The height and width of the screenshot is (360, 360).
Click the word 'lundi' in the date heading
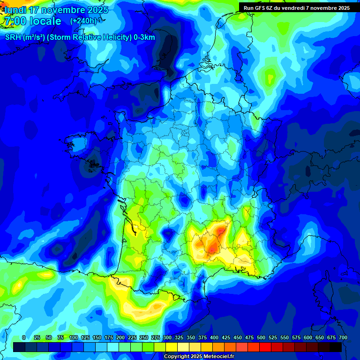[x=15, y=10]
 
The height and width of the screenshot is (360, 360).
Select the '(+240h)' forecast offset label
[x=83, y=21]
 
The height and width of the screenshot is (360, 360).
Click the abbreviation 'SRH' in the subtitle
[x=13, y=38]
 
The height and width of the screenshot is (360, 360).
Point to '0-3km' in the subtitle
[x=144, y=38]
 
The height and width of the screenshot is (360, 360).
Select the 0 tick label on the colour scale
[x=24, y=337]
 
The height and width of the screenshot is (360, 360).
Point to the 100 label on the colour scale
[x=74, y=337]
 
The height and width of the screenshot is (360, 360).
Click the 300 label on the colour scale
[x=167, y=337]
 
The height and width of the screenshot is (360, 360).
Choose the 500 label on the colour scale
[x=261, y=337]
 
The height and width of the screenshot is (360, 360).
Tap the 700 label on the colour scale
[x=343, y=337]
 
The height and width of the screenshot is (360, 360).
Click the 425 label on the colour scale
[x=226, y=337]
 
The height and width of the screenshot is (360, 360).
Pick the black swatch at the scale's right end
[x=336, y=347]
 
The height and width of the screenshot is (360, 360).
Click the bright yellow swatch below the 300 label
[x=172, y=347]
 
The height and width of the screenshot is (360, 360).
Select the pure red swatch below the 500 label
[x=265, y=347]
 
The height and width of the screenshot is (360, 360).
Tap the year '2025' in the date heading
[x=96, y=10]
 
